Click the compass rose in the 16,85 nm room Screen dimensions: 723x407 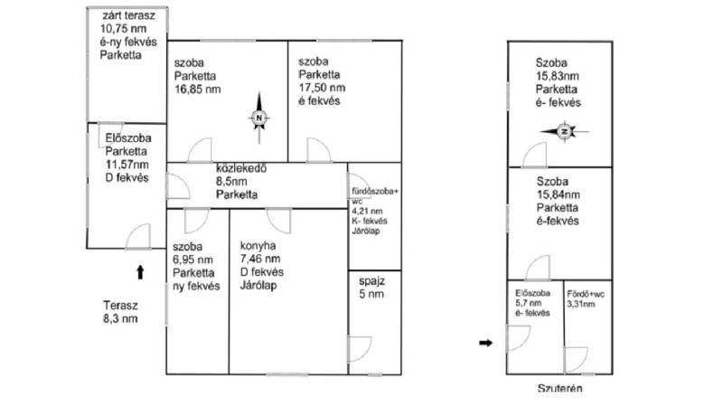coord(258,118)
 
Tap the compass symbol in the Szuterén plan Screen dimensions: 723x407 coord(564,131)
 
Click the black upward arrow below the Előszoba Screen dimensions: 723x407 coord(140,272)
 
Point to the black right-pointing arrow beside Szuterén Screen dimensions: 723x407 coord(485,343)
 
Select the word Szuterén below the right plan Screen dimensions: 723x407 coord(559,389)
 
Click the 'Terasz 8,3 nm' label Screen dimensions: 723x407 coord(120,312)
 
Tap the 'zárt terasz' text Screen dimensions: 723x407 coord(128,15)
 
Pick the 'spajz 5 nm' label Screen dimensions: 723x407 coord(371,288)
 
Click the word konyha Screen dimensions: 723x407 coord(258,246)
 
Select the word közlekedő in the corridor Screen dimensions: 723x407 coord(241,168)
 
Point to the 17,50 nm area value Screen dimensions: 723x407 coord(322,88)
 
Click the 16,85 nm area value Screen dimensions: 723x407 coord(197,89)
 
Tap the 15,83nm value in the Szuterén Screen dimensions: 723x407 coord(557,76)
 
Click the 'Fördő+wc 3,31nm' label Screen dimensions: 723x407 coord(586,299)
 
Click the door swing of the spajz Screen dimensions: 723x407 coord(360,350)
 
